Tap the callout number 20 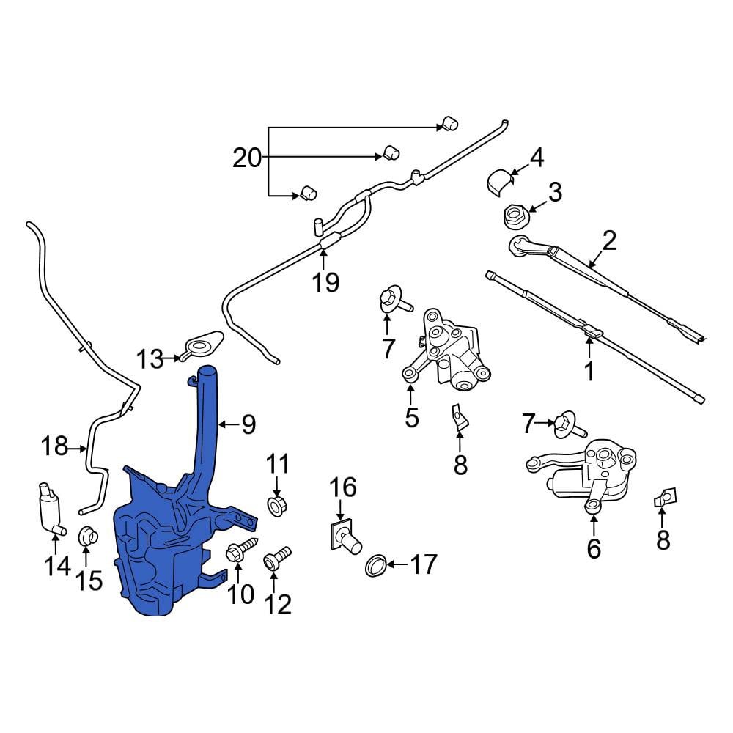click(247, 158)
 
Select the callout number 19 click(325, 282)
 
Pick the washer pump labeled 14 click(48, 509)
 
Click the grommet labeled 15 click(87, 536)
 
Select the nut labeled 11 click(277, 505)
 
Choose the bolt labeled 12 click(277, 557)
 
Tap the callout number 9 click(248, 424)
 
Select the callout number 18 click(55, 446)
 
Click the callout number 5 click(411, 417)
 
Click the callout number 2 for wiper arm click(610, 240)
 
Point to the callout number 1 click(589, 370)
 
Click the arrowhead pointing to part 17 click(391, 564)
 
